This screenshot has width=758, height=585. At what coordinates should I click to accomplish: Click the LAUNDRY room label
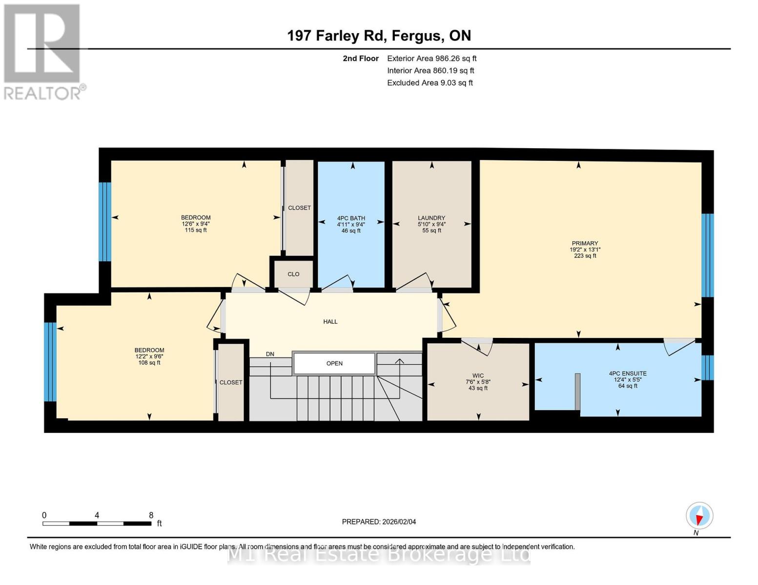pyautogui.click(x=431, y=218)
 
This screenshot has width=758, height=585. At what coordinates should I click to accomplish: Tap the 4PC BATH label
pyautogui.click(x=351, y=218)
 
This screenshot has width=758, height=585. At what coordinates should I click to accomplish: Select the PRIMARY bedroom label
pyautogui.click(x=585, y=243)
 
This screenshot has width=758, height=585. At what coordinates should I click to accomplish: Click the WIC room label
pyautogui.click(x=478, y=376)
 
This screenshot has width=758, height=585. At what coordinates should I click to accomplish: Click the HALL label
pyautogui.click(x=330, y=322)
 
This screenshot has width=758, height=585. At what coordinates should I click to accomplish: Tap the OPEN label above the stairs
pyautogui.click(x=334, y=364)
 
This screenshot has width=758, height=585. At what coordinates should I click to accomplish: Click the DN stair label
pyautogui.click(x=270, y=354)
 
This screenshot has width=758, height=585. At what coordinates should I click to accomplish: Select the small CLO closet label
pyautogui.click(x=293, y=274)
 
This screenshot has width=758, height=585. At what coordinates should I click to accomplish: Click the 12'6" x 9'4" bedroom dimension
pyautogui.click(x=196, y=224)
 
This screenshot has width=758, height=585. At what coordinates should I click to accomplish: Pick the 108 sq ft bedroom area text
pyautogui.click(x=149, y=363)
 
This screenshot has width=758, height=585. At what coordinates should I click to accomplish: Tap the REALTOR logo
pyautogui.click(x=43, y=51)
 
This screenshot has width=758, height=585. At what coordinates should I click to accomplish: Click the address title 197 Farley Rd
pyautogui.click(x=379, y=36)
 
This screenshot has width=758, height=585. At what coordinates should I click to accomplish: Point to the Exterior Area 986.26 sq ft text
pyautogui.click(x=431, y=58)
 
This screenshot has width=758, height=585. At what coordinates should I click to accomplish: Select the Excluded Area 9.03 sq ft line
pyautogui.click(x=430, y=83)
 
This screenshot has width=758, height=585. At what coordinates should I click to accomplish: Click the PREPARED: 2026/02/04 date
pyautogui.click(x=379, y=522)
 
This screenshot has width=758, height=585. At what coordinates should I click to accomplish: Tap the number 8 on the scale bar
pyautogui.click(x=151, y=515)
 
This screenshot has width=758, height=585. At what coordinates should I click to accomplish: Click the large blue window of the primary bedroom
pyautogui.click(x=707, y=255)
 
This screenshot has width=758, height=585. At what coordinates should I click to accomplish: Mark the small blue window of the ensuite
pyautogui.click(x=707, y=368)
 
